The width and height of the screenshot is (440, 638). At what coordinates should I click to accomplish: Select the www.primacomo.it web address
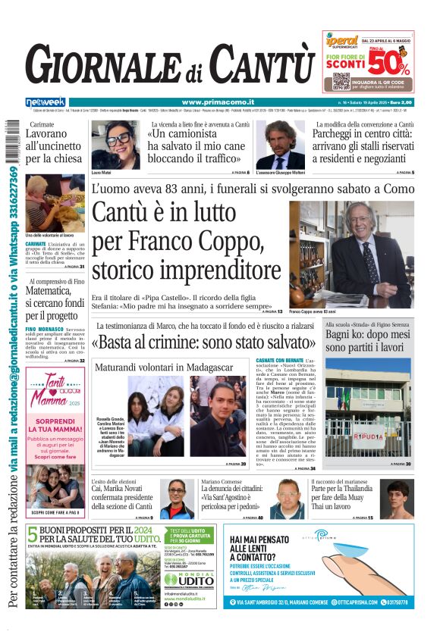click(x=218, y=102)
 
